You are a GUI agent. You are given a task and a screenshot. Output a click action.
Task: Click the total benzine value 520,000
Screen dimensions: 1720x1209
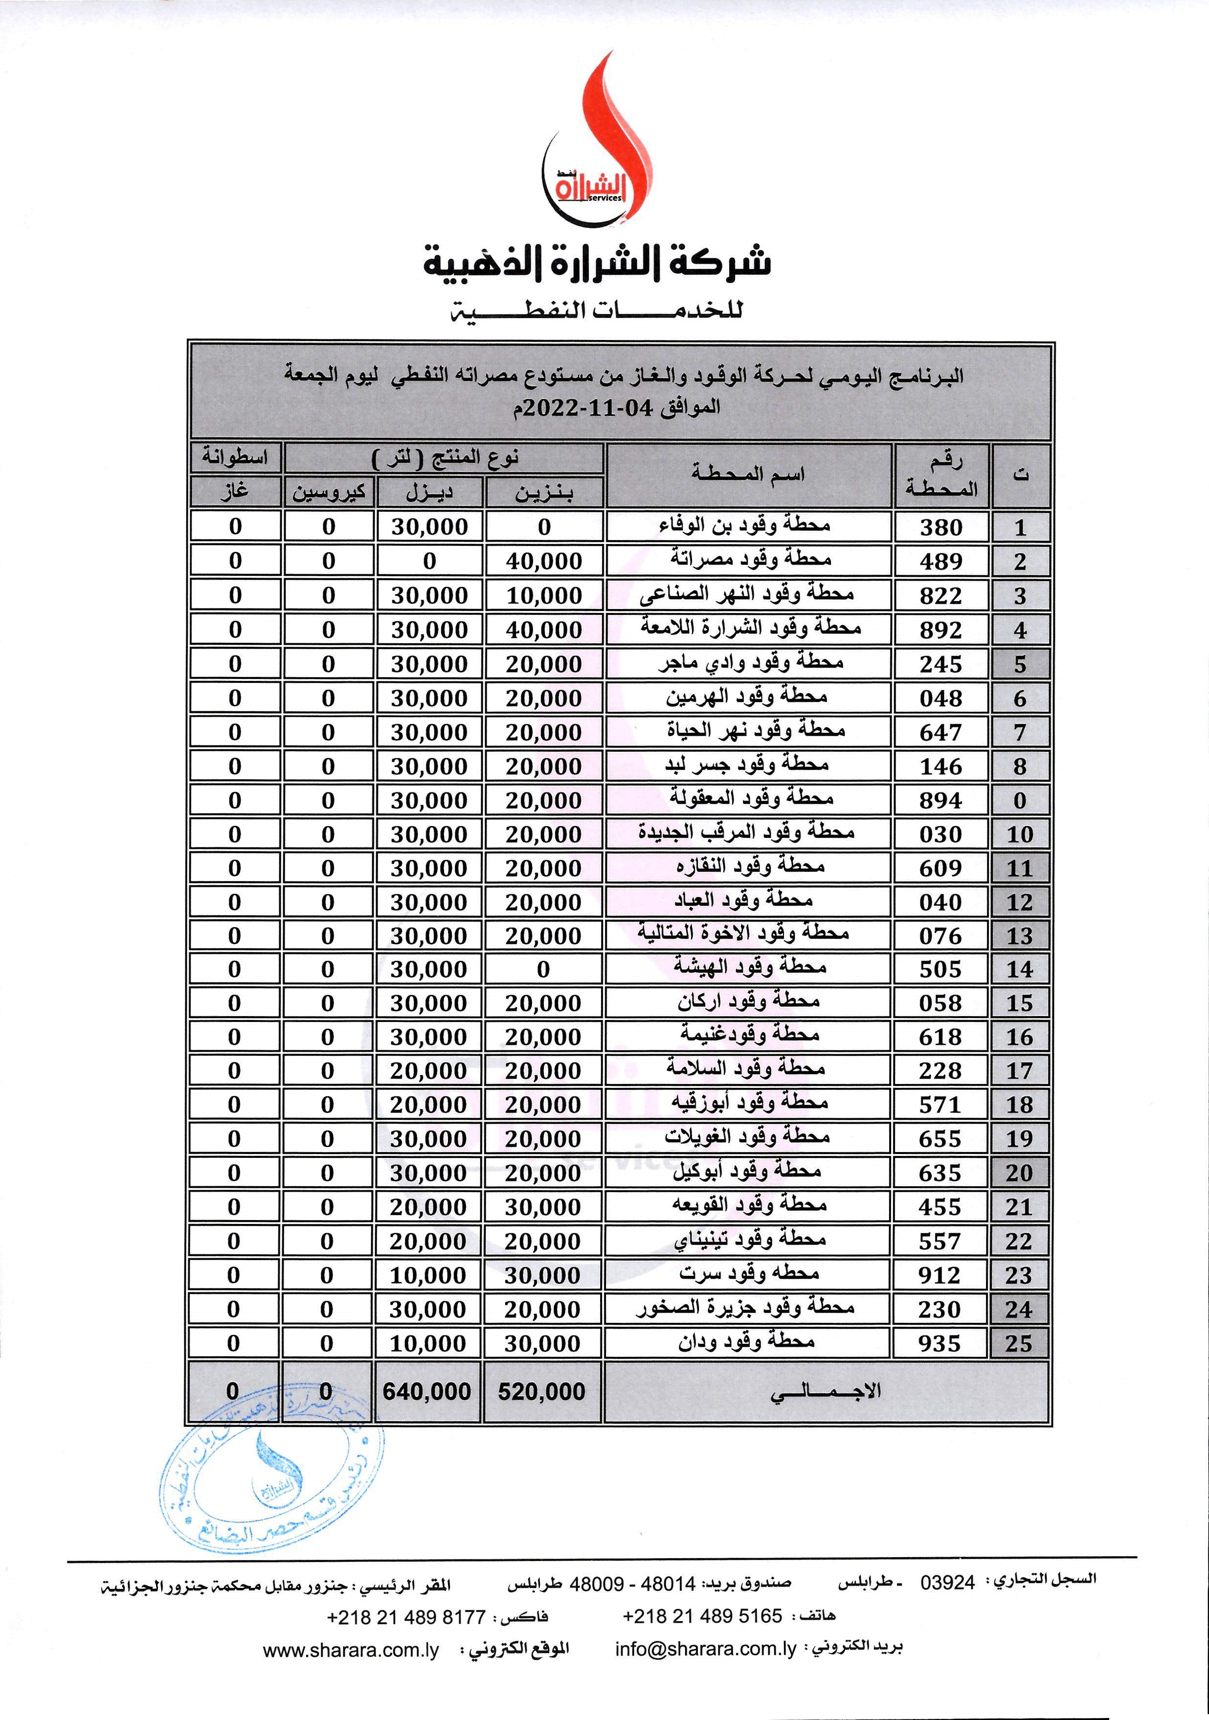click(x=541, y=1391)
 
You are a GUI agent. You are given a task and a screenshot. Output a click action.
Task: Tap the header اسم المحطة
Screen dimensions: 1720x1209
click(x=748, y=474)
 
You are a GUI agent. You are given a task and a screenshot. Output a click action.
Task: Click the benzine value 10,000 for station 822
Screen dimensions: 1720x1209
click(x=544, y=595)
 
